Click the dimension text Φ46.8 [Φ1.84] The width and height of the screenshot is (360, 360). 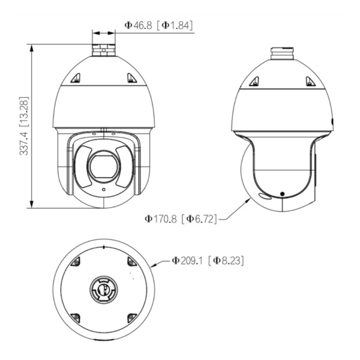click(x=158, y=25)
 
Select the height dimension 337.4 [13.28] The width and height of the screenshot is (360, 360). click(x=24, y=126)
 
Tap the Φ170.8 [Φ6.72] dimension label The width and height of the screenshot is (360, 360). click(x=181, y=219)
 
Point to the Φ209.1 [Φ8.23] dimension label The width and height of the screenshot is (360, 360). click(x=208, y=260)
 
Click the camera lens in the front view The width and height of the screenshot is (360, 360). click(x=104, y=166)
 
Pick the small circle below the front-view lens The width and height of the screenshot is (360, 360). click(x=104, y=190)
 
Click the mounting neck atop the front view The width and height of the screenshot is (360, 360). click(x=104, y=50)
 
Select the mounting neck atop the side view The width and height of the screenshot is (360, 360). click(x=282, y=53)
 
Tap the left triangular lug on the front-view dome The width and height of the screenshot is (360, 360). click(x=76, y=78)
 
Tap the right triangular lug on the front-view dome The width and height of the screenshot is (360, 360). click(x=132, y=78)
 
